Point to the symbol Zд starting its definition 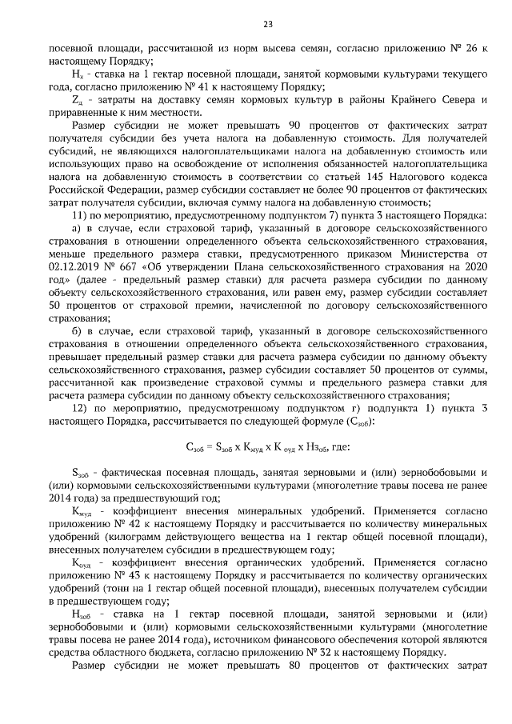[x=77, y=99]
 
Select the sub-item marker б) [x=78, y=330]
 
